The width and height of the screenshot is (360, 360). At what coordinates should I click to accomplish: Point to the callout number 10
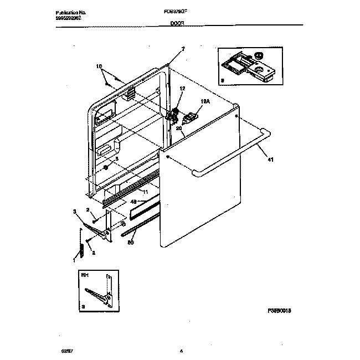100,66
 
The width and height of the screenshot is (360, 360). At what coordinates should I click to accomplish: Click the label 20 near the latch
179,128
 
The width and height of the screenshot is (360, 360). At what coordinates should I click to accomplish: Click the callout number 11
146,192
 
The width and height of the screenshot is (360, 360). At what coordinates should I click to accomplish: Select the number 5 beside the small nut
116,159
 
